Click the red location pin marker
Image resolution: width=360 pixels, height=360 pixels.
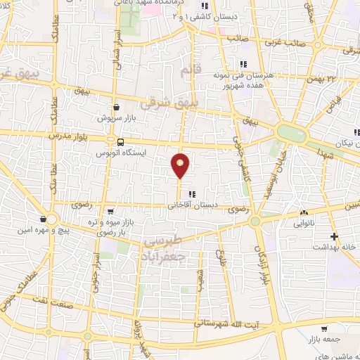click(181, 166)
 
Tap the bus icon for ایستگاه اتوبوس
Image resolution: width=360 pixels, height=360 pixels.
click(121, 143)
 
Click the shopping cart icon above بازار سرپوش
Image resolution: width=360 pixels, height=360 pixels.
click(117, 108)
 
